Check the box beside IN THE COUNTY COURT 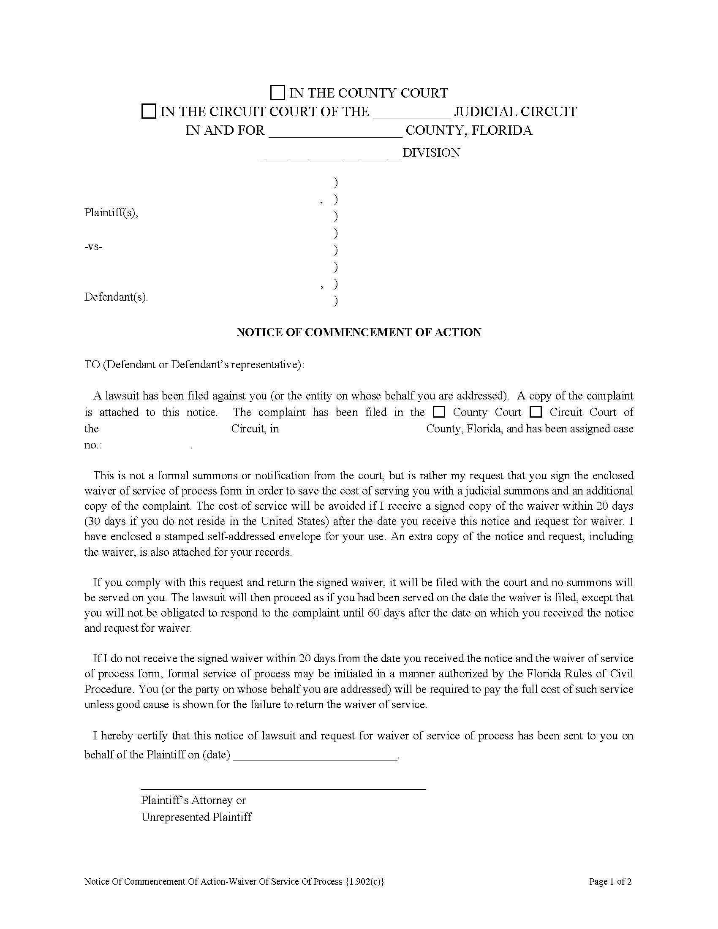277,93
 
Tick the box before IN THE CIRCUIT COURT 148,111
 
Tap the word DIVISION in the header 431,153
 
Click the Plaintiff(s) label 111,212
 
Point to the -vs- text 94,247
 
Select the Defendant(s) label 116,297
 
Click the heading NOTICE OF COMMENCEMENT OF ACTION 359,332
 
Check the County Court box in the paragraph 438,412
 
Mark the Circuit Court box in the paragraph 536,412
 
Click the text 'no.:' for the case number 93,445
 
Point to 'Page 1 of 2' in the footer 610,882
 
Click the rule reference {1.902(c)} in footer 365,882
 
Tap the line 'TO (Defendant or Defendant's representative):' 194,364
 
